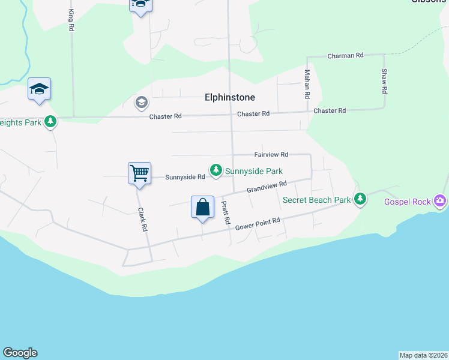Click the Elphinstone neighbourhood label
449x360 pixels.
230,97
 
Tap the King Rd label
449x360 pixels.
71,20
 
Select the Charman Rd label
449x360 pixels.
346,55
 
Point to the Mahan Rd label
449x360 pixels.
307,84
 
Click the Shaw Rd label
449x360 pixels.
384,81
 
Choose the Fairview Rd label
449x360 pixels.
271,154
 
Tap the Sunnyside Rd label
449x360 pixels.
185,177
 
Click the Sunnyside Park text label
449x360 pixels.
253,171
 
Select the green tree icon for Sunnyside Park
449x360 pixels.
215,171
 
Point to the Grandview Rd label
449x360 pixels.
267,187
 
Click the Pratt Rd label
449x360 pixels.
225,213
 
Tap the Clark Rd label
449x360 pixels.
142,220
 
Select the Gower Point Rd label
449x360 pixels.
258,224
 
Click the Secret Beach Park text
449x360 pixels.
316,200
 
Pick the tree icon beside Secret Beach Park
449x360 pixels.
360,199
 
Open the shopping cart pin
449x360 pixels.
139,174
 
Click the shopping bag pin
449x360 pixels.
203,208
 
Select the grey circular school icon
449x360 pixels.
141,102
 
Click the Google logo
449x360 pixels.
20,353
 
